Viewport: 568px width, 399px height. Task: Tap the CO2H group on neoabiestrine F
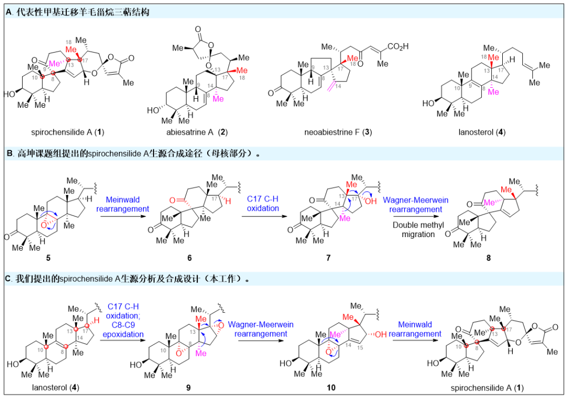pos(398,47)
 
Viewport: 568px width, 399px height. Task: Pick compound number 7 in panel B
pos(322,258)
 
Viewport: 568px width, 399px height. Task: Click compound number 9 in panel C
pos(188,388)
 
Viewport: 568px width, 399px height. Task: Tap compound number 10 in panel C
pos(330,388)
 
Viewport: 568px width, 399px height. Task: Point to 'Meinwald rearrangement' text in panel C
pos(420,329)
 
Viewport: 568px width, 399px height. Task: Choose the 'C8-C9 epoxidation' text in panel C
pos(125,330)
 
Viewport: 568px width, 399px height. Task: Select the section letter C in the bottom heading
pos(8,279)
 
